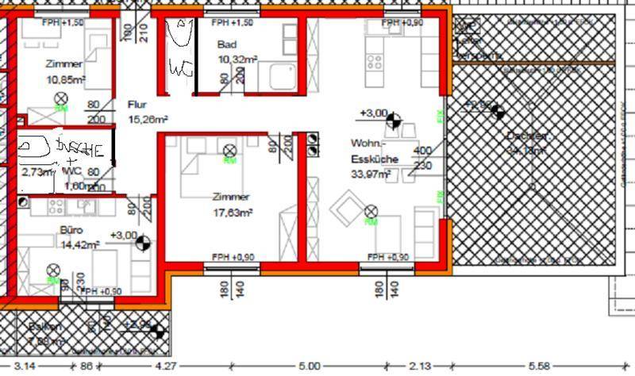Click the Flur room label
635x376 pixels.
136,104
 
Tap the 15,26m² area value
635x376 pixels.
147,120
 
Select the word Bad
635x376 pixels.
225,44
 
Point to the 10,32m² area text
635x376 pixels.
237,59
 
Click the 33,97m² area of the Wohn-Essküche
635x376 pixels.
369,175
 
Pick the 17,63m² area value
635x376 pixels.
233,213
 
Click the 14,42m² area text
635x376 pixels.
79,245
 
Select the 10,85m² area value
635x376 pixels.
66,80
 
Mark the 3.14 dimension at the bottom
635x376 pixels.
25,367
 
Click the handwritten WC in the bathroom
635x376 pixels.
180,69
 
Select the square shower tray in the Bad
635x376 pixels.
282,76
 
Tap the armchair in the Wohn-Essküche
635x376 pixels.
348,210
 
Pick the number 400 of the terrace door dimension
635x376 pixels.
422,151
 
